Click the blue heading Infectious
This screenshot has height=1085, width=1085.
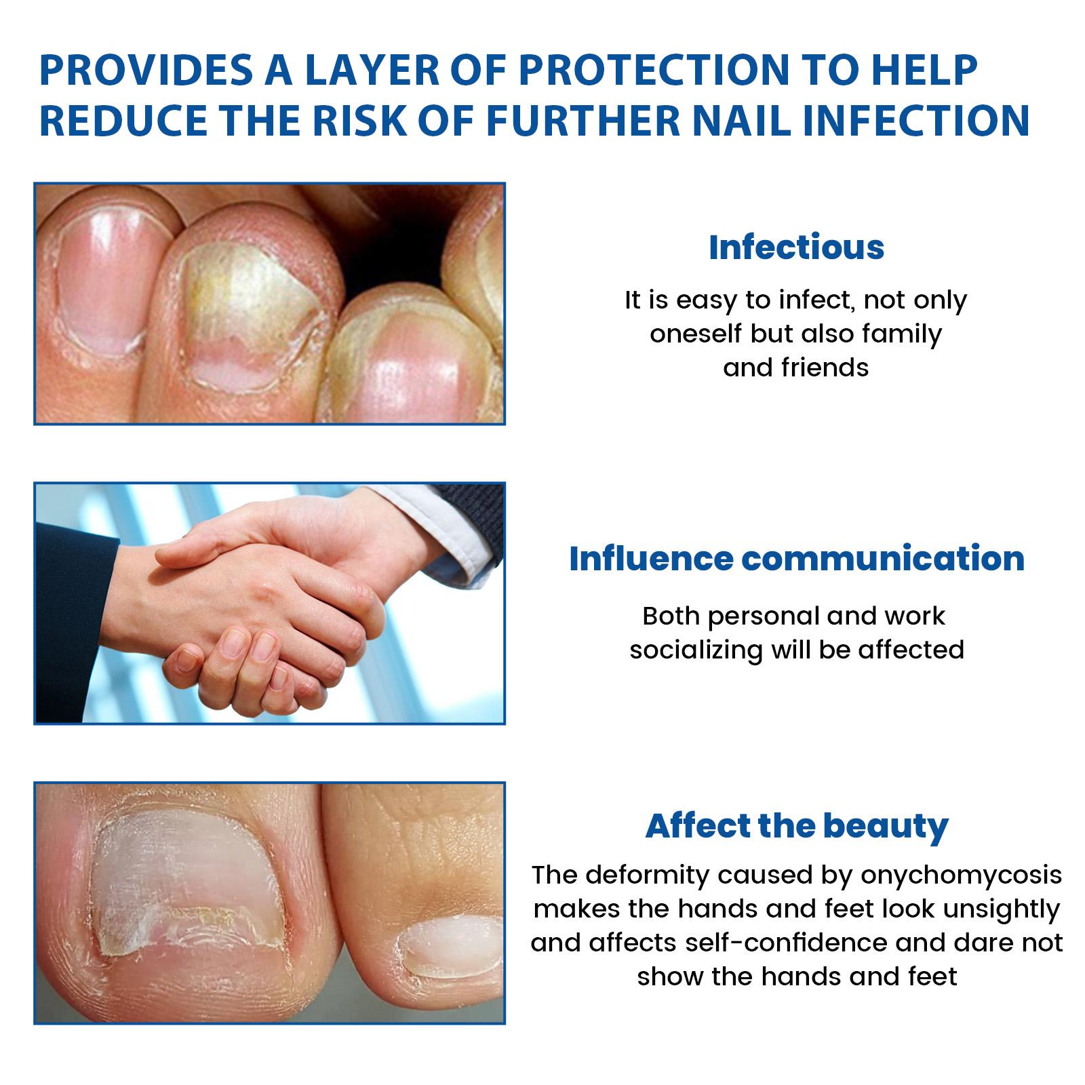tap(796, 247)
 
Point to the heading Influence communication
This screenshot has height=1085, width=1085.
tap(797, 558)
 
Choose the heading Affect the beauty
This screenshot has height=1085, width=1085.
tap(797, 826)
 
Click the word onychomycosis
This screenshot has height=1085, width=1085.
tap(961, 875)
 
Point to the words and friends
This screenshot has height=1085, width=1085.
tap(796, 368)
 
